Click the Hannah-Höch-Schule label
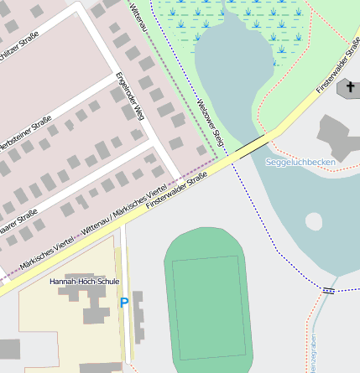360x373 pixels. (x=84, y=282)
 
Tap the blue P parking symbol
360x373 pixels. (x=124, y=303)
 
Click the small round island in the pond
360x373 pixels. (x=313, y=221)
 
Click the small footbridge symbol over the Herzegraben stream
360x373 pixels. (x=328, y=290)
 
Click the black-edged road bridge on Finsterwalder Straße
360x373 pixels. (x=249, y=144)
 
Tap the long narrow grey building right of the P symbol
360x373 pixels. (x=138, y=318)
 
